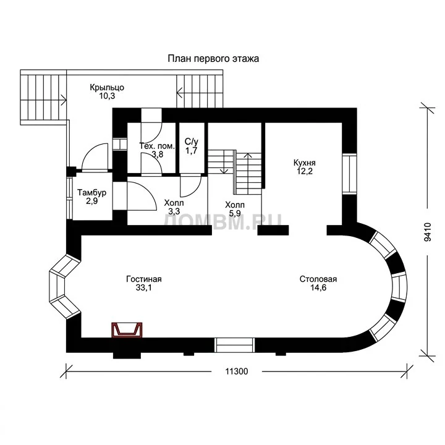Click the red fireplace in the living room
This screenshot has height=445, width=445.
click(127, 330)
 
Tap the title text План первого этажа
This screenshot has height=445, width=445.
click(213, 59)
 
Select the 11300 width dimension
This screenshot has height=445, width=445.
click(236, 371)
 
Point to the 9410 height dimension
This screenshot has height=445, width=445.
click(428, 232)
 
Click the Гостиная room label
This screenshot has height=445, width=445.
click(144, 279)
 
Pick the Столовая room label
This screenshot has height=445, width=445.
click(318, 279)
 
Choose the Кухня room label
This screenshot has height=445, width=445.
click(305, 163)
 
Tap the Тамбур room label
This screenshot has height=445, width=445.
click(92, 193)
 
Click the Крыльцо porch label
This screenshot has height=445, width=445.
click(107, 87)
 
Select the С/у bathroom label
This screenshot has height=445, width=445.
click(192, 142)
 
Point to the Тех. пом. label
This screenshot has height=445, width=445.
click(157, 146)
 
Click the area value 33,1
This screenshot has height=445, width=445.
click(143, 288)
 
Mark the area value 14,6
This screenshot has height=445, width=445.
click(318, 288)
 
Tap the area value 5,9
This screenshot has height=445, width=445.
click(235, 213)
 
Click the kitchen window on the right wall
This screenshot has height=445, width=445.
click(349, 174)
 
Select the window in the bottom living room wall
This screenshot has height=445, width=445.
click(234, 345)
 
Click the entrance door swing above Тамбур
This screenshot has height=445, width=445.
click(95, 158)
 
